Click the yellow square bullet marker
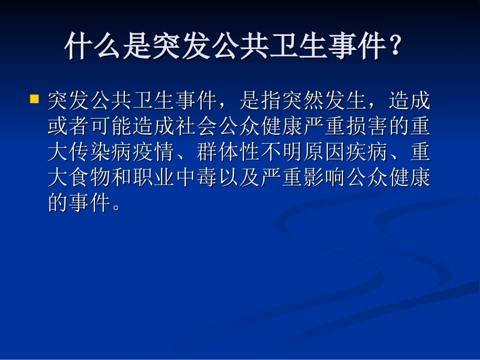click(x=35, y=98)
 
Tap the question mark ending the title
click(x=397, y=47)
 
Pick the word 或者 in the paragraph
click(x=69, y=127)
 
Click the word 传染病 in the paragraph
click(x=101, y=153)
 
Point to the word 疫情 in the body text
click(x=154, y=153)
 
